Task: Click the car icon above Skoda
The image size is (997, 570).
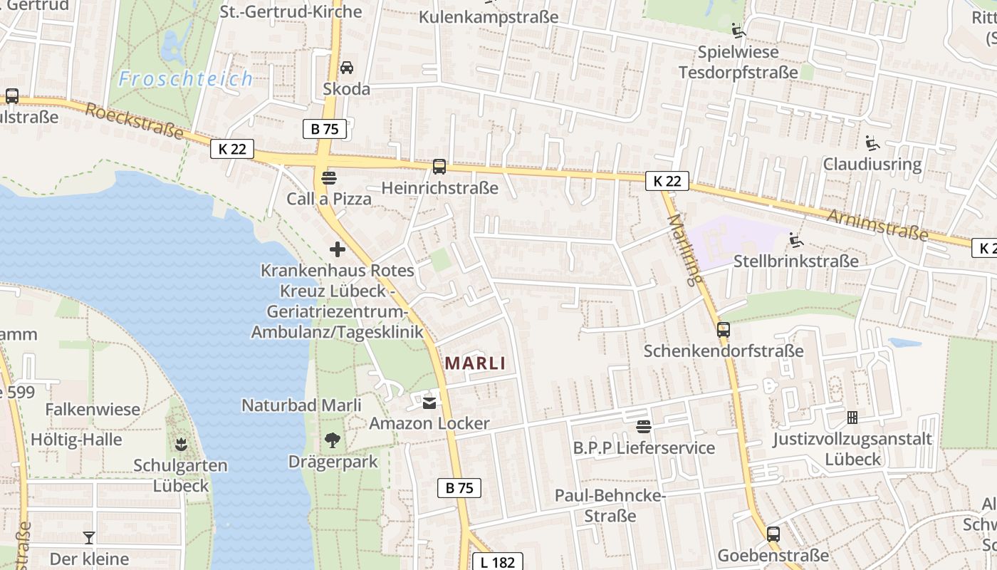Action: coord(346,68)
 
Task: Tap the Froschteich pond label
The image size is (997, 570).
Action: coord(185,78)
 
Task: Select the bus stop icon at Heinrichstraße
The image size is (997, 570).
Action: coord(439,167)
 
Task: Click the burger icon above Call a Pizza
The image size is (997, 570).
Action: coord(328,177)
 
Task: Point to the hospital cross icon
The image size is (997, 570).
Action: coord(338,249)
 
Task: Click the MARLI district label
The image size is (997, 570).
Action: coord(475,363)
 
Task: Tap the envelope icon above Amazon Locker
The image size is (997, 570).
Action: coord(429,403)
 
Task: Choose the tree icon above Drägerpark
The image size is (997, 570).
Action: coord(332,440)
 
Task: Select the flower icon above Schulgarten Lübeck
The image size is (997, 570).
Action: coord(180,445)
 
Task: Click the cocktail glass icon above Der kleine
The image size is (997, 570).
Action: coord(89,537)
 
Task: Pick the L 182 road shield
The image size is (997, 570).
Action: coord(498,562)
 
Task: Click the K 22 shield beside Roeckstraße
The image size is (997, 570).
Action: coord(232,149)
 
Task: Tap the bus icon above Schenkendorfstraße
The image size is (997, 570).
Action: coord(724,329)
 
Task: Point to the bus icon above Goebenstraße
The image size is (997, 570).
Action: coord(773,534)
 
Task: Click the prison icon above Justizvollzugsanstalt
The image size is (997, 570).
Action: coord(852,417)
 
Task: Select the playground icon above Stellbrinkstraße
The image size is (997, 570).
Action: coord(795,240)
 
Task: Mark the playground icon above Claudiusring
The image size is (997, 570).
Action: coord(872,142)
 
